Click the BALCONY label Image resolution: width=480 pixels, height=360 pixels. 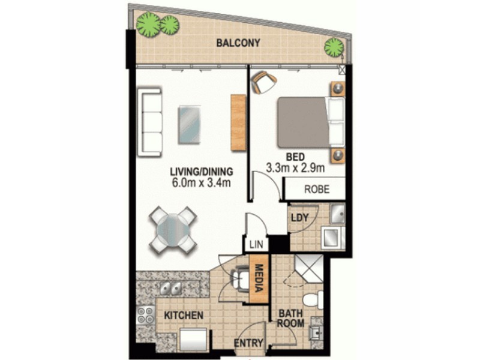[x=239, y=43]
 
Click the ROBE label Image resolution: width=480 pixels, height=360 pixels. [x=316, y=190]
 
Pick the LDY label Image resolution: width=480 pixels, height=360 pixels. [x=299, y=217]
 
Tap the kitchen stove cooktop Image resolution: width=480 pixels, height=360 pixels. [x=146, y=315]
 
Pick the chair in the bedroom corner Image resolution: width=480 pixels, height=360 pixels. [x=263, y=83]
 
